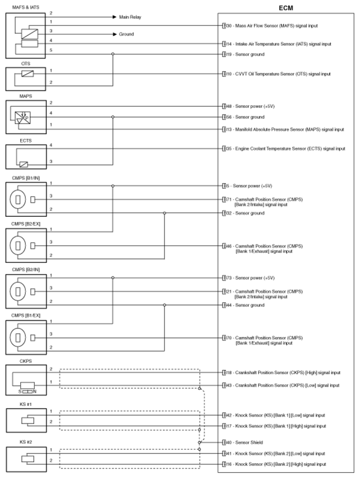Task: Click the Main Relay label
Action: click(x=131, y=17)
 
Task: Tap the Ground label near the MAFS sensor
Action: click(x=126, y=34)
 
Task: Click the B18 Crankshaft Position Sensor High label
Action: click(x=281, y=372)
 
